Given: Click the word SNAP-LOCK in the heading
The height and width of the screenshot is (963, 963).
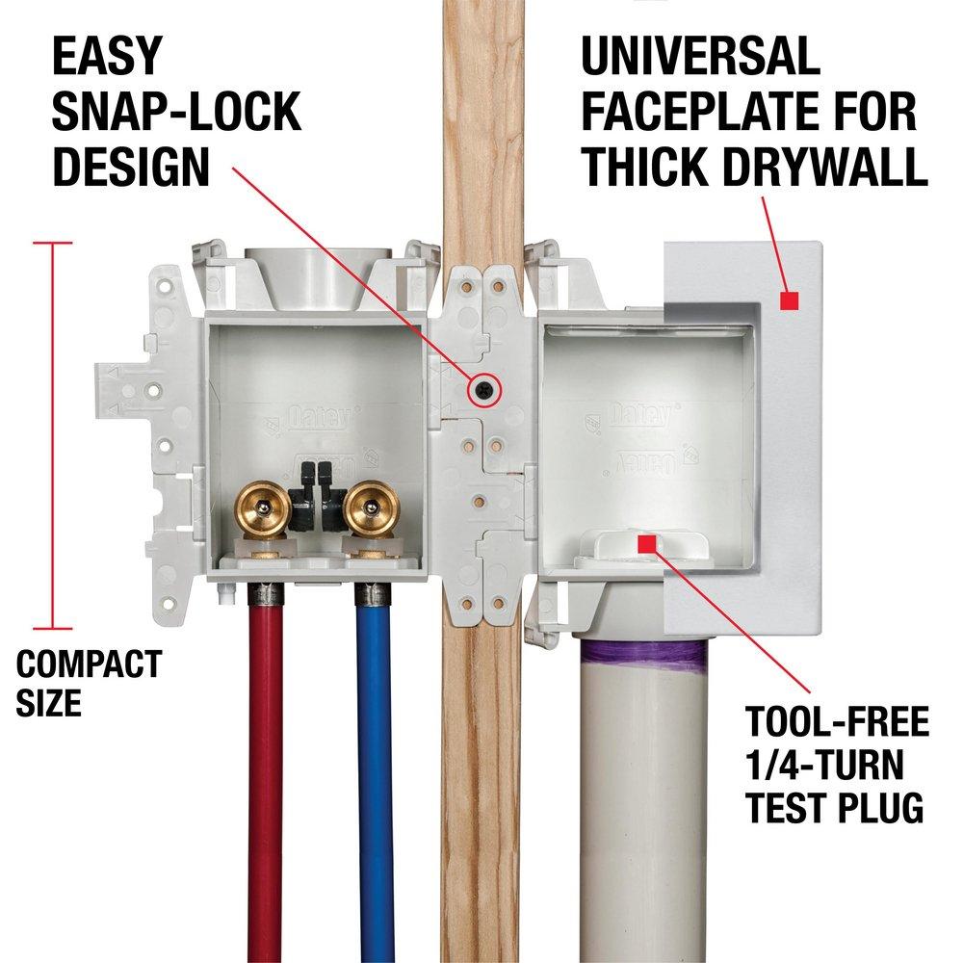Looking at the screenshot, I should pos(176,113).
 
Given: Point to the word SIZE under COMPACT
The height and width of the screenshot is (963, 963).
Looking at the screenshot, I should pos(48,702).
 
